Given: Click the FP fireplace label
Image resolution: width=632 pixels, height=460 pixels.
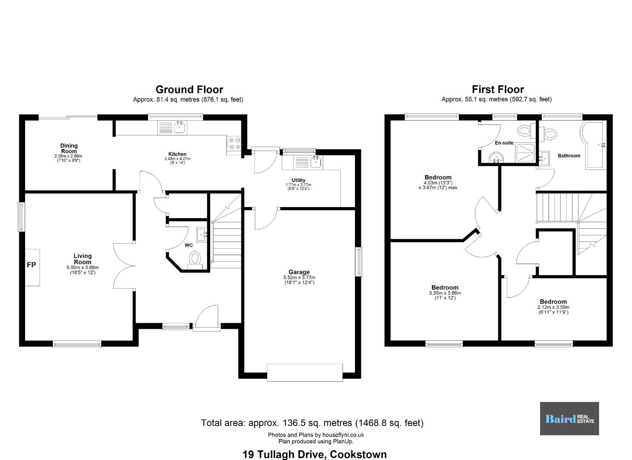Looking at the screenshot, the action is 31,265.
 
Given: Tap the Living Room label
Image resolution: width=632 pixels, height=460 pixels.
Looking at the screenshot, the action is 83,259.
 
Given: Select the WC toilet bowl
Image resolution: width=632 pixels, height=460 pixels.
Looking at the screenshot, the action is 195,259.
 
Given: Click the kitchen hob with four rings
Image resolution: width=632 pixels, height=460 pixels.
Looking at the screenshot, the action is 234,143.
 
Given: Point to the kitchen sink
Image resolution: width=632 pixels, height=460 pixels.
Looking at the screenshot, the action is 172,127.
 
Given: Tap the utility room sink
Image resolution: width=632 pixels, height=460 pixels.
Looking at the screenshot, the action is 308,163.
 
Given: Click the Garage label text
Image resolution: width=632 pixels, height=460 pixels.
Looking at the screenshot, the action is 299,272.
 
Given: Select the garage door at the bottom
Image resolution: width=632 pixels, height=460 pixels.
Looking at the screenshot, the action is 305,373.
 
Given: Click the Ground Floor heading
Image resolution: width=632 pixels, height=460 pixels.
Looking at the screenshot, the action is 189,89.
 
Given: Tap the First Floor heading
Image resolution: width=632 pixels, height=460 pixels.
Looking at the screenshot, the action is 498,89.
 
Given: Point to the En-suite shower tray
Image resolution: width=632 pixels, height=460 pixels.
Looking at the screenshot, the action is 525,153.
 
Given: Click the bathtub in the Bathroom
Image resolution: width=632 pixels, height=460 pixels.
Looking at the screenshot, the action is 594,145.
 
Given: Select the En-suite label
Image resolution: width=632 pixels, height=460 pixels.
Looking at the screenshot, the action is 504,143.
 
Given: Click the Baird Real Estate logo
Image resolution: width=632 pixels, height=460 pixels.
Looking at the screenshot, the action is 569,419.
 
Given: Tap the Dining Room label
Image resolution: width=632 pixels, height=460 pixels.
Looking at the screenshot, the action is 69,149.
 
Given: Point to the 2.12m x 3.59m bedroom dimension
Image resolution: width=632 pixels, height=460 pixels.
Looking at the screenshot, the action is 553,307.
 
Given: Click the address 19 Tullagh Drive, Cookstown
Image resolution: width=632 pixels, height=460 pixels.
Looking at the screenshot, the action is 315,454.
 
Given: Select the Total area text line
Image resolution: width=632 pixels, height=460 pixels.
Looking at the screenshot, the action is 312,423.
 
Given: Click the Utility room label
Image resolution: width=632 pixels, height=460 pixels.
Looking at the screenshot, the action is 298,180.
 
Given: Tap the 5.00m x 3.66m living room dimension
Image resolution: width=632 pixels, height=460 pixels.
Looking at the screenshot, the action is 83,268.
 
